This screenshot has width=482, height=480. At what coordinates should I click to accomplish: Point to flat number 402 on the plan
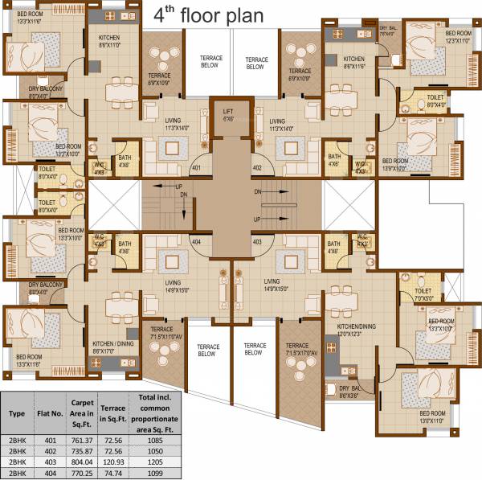pos(257,168)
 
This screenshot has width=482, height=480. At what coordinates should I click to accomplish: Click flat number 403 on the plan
pos(257,240)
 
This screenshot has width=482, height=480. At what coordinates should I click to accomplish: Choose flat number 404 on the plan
pos(196,240)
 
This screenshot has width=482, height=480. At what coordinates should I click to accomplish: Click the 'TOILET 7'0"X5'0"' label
pos(424,293)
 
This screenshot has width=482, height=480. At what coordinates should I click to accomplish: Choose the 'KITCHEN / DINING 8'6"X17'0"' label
pos(112,346)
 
